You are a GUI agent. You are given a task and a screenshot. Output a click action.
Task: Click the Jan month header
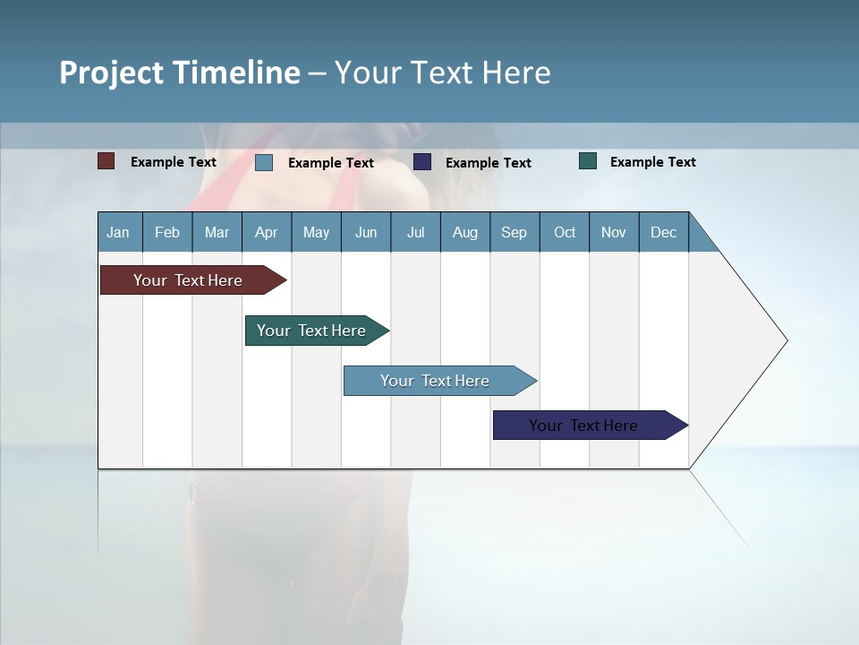tap(118, 232)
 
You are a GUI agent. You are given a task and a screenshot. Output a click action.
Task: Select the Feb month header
tap(167, 232)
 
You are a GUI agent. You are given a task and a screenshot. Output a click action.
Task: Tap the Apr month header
tap(266, 232)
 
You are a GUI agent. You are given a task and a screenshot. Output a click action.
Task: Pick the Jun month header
tap(366, 232)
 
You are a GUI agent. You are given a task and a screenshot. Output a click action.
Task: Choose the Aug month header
tap(464, 232)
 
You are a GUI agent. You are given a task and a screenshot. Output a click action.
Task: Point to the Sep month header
tap(514, 232)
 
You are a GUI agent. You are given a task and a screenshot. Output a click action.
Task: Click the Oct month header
tap(565, 232)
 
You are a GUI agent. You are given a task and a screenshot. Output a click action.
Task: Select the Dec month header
tap(663, 232)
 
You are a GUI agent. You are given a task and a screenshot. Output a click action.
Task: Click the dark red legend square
tap(106, 161)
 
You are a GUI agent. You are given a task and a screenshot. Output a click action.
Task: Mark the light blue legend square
tap(264, 162)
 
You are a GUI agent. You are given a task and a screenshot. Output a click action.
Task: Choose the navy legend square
tap(422, 161)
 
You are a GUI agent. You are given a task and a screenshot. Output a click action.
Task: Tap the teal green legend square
tap(588, 161)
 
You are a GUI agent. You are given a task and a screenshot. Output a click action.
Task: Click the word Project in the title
tap(112, 73)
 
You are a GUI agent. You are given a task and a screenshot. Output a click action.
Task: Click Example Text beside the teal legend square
tap(652, 162)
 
